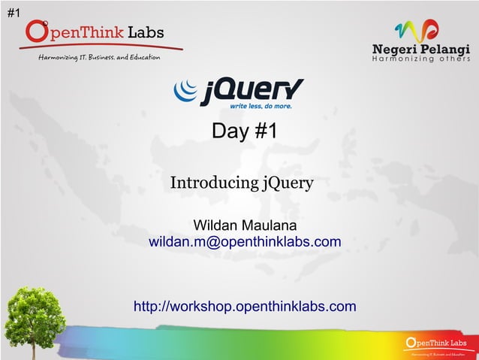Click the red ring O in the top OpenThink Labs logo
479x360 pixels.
tap(38, 32)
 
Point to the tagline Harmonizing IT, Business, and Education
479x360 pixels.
tap(104, 59)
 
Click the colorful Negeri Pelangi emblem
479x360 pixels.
tap(417, 31)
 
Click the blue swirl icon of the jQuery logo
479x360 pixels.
tap(185, 91)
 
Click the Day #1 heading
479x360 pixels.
tap(245, 132)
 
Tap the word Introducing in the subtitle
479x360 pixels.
tap(213, 183)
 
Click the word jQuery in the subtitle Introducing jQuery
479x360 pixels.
tap(287, 183)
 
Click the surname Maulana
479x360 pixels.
tap(270, 225)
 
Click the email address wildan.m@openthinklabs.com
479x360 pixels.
tap(245, 242)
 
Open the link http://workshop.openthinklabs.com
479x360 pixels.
tap(245, 306)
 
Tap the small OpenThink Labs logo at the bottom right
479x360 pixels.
tap(435, 346)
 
